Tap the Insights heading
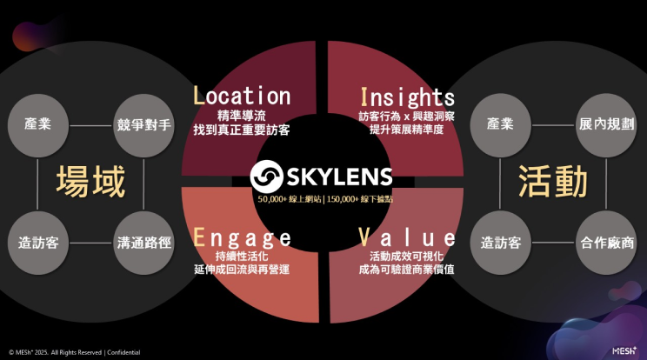pos(406,96)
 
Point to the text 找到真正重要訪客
pos(242,130)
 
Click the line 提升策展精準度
pos(406,130)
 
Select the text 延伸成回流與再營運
pos(242,271)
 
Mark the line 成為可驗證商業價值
pos(406,271)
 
